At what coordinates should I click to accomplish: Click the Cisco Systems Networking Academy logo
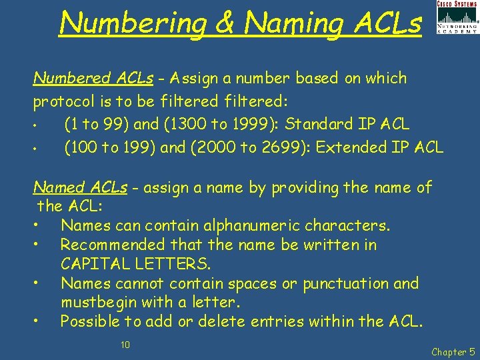coord(457,17)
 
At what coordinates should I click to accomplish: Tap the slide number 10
coord(125,344)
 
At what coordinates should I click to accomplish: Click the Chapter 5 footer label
coord(453,351)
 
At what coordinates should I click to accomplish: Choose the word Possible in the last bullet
coord(91,321)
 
